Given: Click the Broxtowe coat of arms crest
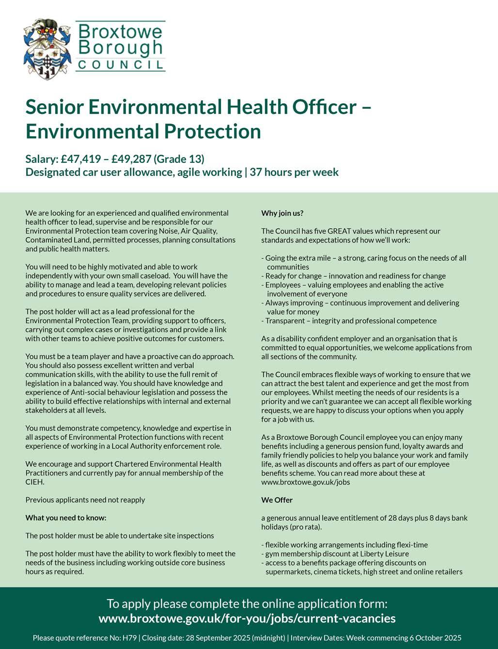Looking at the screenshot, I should [x=47, y=48].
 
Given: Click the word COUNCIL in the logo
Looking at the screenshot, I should [x=121, y=65].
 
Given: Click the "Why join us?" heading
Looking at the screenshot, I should [x=282, y=213].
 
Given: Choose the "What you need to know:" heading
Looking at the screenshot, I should [x=66, y=518].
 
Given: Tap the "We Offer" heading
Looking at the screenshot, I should [x=277, y=500].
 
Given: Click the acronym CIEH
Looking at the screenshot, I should [x=34, y=482].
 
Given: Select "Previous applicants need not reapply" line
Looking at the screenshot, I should [x=85, y=500].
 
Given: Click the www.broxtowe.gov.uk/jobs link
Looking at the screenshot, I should [x=305, y=482].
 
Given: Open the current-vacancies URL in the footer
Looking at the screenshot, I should [x=247, y=618].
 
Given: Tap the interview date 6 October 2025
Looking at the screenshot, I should [x=431, y=638].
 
